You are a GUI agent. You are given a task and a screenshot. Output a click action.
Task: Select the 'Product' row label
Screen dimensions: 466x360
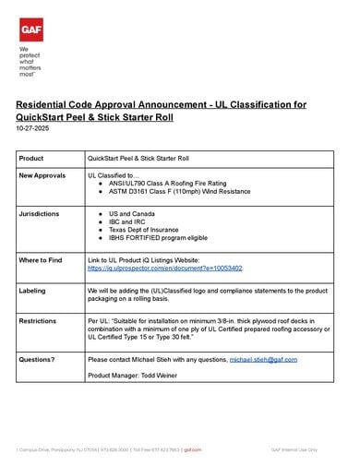pos(30,159)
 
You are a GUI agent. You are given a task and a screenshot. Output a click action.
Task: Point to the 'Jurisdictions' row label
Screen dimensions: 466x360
pos(39,213)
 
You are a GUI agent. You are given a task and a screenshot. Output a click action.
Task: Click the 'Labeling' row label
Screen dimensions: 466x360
pos(32,290)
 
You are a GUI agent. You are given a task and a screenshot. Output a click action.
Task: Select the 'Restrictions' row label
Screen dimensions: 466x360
pos(40,320)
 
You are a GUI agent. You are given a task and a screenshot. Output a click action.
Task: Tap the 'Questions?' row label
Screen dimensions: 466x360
pos(39,358)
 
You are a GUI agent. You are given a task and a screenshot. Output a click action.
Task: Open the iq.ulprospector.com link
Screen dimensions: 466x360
pos(164,268)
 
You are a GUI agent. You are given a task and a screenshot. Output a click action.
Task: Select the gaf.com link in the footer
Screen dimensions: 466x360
pos(192,449)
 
